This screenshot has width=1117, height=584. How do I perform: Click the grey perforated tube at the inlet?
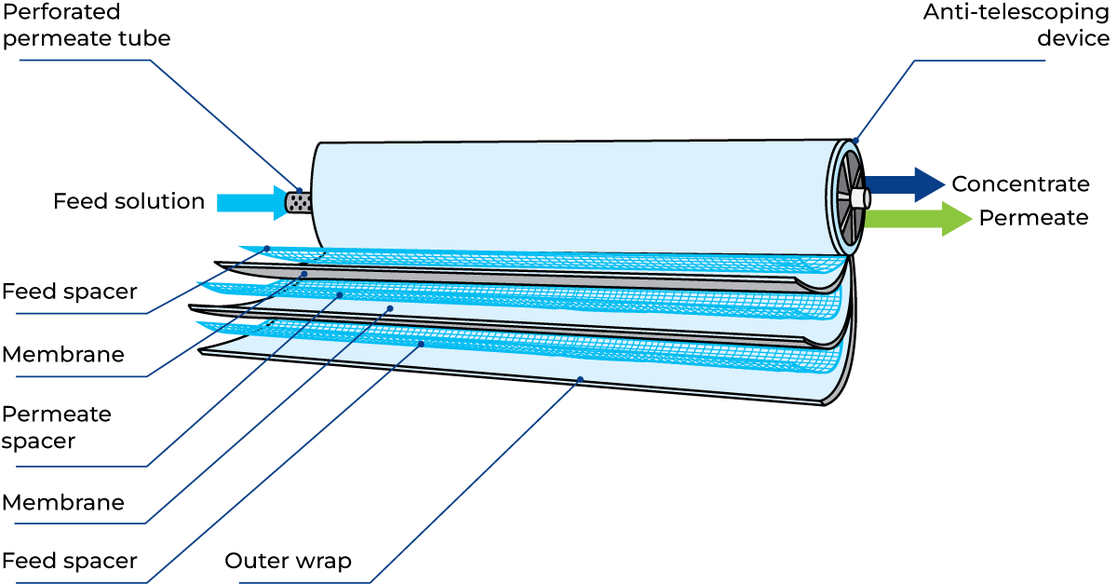coord(299,203)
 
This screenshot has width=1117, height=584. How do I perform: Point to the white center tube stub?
coord(859,197)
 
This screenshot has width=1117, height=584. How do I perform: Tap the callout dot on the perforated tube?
coord(299,190)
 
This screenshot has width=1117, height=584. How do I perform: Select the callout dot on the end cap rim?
coord(855,142)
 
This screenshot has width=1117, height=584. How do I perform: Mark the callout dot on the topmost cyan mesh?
coord(268,248)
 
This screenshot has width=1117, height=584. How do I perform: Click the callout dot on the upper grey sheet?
coord(304,274)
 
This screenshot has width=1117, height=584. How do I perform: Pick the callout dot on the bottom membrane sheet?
coord(580,379)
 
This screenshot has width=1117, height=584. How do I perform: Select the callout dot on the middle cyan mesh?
coord(340,294)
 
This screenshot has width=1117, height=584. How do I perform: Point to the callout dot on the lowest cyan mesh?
coord(421,344)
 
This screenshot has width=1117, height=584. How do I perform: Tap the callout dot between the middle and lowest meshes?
coord(390,308)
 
